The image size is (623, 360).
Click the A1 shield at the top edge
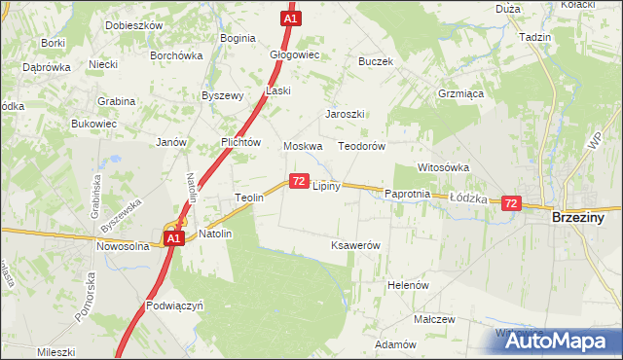(x=290, y=18)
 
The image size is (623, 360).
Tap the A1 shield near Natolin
(x=172, y=237)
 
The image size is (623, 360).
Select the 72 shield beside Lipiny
(x=299, y=182)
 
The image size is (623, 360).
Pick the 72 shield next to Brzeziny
(x=511, y=202)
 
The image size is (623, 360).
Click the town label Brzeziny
(x=578, y=218)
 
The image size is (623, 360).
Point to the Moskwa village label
(x=303, y=146)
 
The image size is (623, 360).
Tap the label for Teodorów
(x=362, y=146)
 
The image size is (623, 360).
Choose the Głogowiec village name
(x=295, y=54)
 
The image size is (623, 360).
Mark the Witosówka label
(x=444, y=167)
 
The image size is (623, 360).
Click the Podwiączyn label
(x=173, y=305)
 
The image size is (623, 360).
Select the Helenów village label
(x=409, y=285)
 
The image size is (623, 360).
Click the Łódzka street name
(x=468, y=197)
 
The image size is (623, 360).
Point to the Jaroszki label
(x=345, y=114)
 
